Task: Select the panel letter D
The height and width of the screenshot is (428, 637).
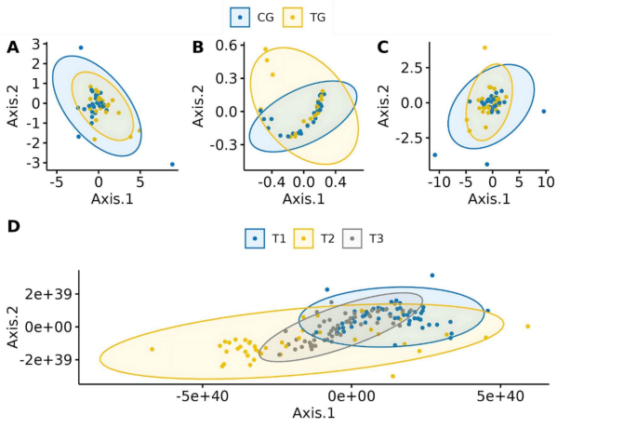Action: tap(12, 227)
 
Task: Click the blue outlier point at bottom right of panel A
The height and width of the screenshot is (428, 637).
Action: tap(173, 165)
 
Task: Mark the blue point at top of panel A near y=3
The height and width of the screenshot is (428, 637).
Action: tap(81, 47)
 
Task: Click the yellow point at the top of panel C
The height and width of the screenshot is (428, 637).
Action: tap(484, 47)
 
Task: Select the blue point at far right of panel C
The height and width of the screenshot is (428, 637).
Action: tap(544, 111)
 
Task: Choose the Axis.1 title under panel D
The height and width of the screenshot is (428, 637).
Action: tap(312, 412)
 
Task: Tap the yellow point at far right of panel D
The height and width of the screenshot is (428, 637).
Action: tap(527, 326)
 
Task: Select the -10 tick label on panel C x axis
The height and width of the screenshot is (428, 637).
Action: tap(432, 183)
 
